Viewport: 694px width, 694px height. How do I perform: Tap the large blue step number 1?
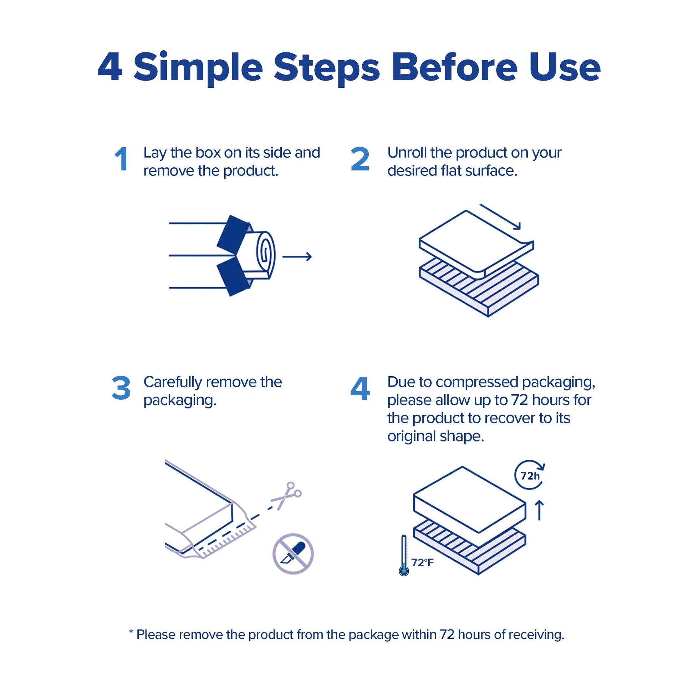pyautogui.click(x=121, y=159)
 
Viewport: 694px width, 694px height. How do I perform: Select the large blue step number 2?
pyautogui.click(x=360, y=159)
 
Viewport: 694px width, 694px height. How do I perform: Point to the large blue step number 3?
pyautogui.click(x=121, y=388)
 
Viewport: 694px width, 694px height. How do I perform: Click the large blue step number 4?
pyautogui.click(x=360, y=388)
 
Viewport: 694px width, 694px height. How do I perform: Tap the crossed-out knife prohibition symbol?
pyautogui.click(x=293, y=553)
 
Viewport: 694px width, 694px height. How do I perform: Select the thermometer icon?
pyautogui.click(x=404, y=555)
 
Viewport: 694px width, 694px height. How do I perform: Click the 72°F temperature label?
pyautogui.click(x=423, y=562)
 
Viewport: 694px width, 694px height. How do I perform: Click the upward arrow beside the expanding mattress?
pyautogui.click(x=539, y=511)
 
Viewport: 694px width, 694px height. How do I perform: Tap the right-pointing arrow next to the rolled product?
pyautogui.click(x=297, y=256)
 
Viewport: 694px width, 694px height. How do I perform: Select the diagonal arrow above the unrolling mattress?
pyautogui.click(x=500, y=216)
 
